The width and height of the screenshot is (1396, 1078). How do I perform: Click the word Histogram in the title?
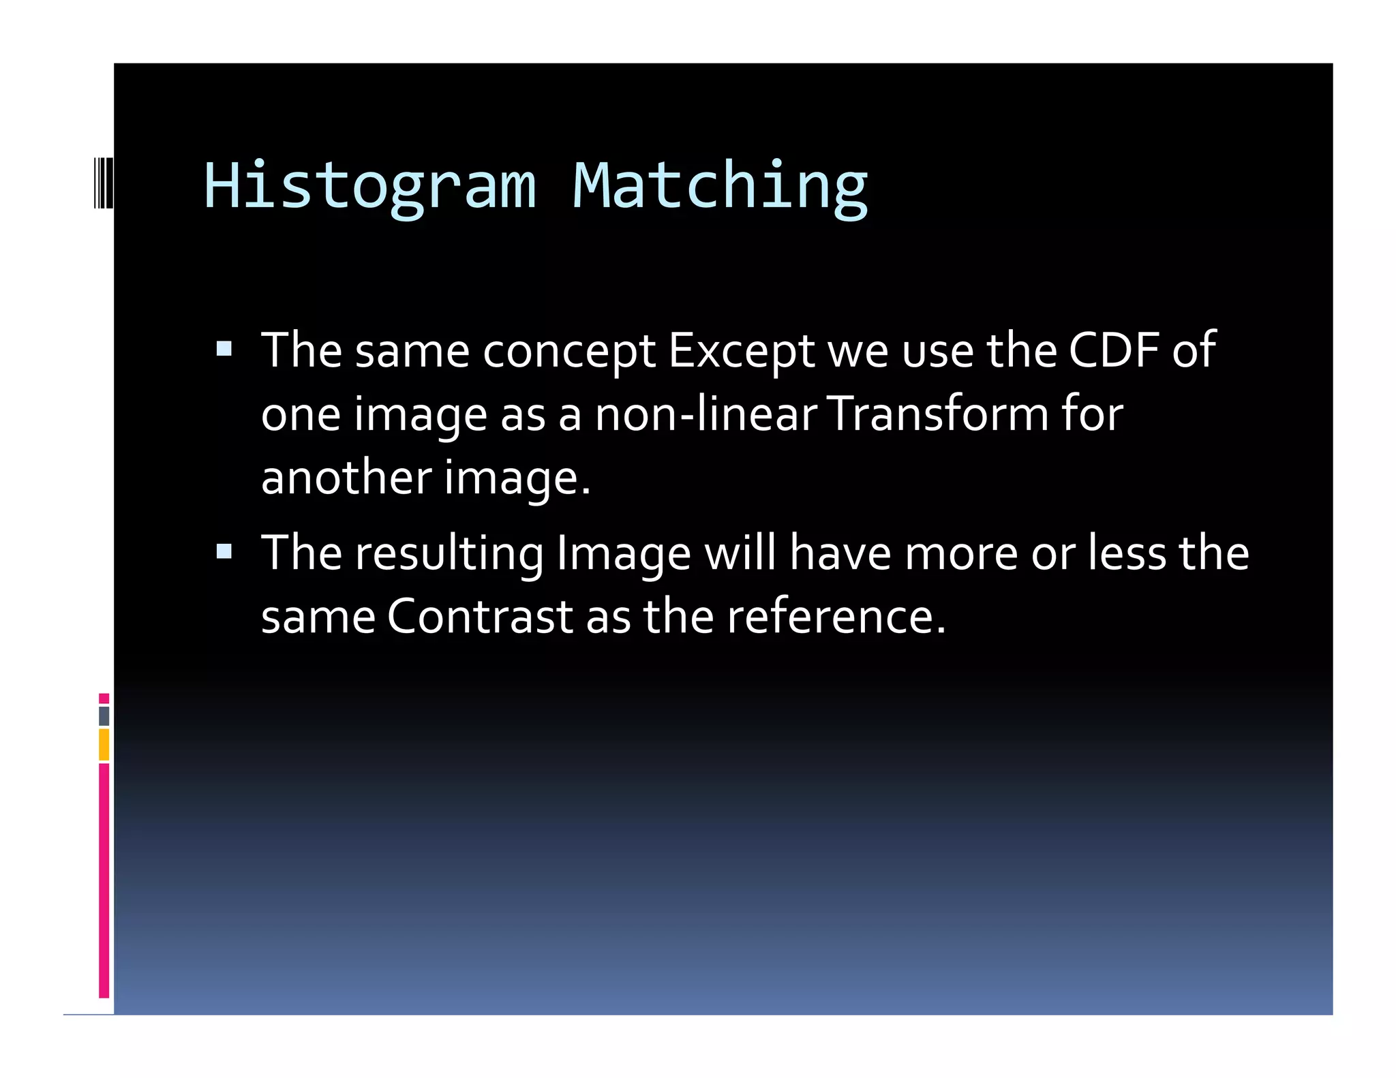point(369,186)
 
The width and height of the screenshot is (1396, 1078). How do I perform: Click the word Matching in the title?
point(720,186)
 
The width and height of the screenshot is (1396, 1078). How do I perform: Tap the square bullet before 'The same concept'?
point(224,350)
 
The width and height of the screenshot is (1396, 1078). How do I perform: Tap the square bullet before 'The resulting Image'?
point(224,551)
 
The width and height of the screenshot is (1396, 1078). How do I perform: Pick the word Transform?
point(938,414)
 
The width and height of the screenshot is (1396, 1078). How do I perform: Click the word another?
point(346,477)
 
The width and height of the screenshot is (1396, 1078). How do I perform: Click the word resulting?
point(449,553)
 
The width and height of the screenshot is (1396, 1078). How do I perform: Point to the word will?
point(740,553)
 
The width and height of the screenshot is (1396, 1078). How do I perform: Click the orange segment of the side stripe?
point(104,744)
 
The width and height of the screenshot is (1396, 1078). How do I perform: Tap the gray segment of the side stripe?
point(104,715)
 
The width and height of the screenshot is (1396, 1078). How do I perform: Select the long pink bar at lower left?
point(104,879)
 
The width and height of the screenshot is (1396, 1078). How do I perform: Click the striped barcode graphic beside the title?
point(103,183)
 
